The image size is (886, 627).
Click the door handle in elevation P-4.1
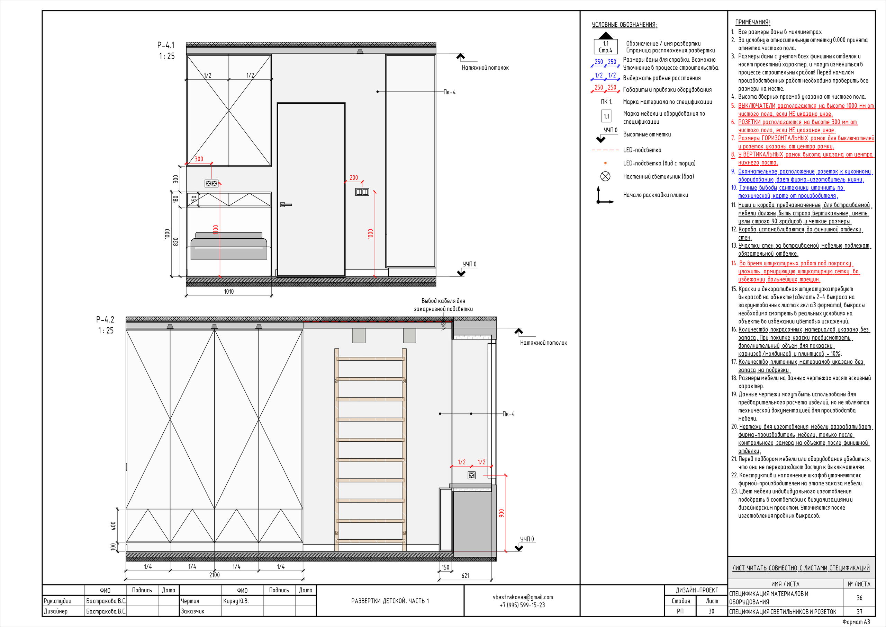[286, 204]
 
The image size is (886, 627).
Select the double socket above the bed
[211, 183]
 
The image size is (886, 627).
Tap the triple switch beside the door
[362, 192]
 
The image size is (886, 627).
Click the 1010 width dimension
[229, 292]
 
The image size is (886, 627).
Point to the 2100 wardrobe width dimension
[215, 575]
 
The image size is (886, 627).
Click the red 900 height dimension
[501, 513]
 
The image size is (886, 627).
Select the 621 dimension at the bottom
[465, 576]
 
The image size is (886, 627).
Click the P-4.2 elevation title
[105, 319]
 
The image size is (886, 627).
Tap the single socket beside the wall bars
[472, 475]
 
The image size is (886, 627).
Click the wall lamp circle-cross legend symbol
[605, 177]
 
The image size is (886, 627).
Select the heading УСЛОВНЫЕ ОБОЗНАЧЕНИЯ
[624, 25]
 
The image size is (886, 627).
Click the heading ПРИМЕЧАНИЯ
[753, 23]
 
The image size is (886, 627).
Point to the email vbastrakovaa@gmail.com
[523, 597]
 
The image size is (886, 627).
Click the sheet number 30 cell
[711, 611]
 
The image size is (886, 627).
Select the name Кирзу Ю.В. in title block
[236, 601]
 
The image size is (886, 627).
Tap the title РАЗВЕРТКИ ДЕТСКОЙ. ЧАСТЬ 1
[390, 601]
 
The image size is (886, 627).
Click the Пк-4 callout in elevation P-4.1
[450, 92]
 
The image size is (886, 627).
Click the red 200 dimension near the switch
[354, 178]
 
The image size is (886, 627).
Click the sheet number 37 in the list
[859, 611]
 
